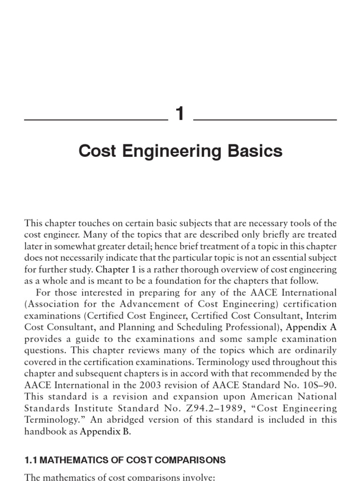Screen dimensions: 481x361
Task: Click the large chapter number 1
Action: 180,114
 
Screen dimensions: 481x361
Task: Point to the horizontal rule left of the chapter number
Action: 96,120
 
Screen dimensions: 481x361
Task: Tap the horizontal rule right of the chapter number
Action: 265,120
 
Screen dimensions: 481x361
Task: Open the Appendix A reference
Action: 312,327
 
